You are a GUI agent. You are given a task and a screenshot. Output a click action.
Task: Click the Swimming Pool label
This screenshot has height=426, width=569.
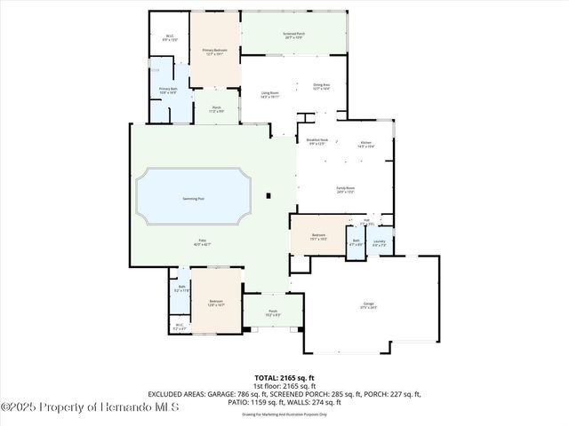[192, 198]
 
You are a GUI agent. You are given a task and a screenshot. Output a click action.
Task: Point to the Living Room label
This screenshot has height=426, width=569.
[270, 92]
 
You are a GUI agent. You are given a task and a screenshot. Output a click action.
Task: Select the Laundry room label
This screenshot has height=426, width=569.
[380, 242]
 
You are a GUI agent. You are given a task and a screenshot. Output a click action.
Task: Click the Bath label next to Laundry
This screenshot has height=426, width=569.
[356, 242]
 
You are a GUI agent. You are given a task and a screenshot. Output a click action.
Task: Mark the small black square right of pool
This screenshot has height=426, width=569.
[269, 195]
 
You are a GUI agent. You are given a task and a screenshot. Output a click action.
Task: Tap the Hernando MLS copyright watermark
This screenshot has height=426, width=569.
[90, 407]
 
